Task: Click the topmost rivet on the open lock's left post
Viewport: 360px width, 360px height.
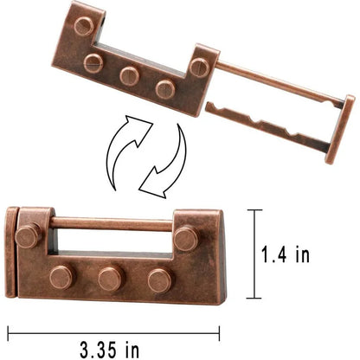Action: click(84, 26)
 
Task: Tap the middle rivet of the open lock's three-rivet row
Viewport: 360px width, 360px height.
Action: click(130, 75)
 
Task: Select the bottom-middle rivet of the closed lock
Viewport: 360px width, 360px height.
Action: click(110, 279)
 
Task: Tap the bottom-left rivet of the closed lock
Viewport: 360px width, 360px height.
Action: click(61, 276)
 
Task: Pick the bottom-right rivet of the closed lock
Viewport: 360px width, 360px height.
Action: click(159, 280)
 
